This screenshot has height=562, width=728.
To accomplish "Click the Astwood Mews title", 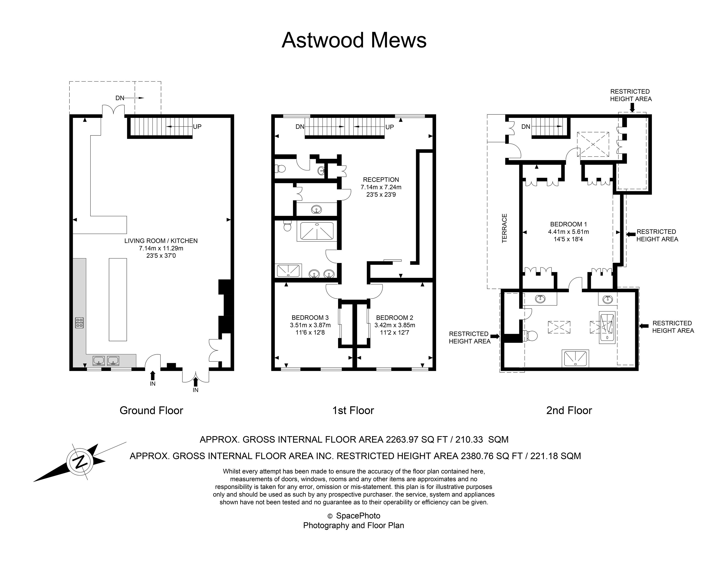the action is [x=354, y=40].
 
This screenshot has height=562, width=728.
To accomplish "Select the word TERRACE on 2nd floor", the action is [x=504, y=228].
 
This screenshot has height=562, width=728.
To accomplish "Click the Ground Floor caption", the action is [x=151, y=410].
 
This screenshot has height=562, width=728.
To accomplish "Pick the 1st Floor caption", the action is [x=353, y=410].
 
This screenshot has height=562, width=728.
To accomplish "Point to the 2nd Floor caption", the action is [x=569, y=410].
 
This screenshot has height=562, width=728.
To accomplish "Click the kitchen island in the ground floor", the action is [x=118, y=299].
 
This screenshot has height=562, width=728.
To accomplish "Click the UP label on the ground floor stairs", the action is [x=197, y=127].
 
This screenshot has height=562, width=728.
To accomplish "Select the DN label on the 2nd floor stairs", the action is [x=526, y=127].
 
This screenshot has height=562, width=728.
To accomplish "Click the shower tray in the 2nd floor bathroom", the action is [x=575, y=358].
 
